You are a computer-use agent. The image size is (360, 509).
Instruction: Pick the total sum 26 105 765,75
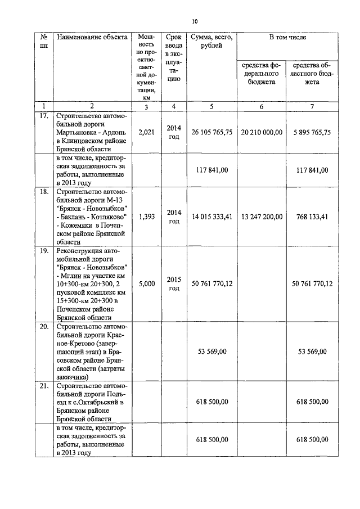click(211, 132)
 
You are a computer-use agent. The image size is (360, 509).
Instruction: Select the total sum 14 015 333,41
click(211, 217)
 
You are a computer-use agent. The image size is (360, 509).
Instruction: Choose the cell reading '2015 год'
click(174, 283)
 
